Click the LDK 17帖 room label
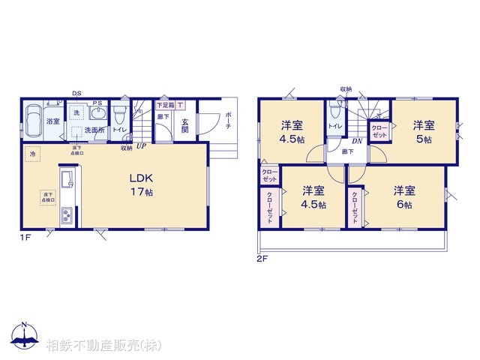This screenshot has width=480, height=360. (x=141, y=185)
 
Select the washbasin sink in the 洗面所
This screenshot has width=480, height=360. (x=97, y=114)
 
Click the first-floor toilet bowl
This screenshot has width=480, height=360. (x=118, y=116)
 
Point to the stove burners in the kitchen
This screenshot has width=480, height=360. (x=64, y=217)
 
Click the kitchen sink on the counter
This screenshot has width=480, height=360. (x=64, y=179)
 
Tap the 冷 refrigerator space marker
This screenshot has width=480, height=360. (x=33, y=154)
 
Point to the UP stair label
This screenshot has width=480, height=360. (x=140, y=145)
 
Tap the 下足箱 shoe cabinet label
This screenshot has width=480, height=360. (x=164, y=106)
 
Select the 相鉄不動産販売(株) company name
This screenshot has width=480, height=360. (x=103, y=346)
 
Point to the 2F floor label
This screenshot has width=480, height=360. (x=262, y=259)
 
